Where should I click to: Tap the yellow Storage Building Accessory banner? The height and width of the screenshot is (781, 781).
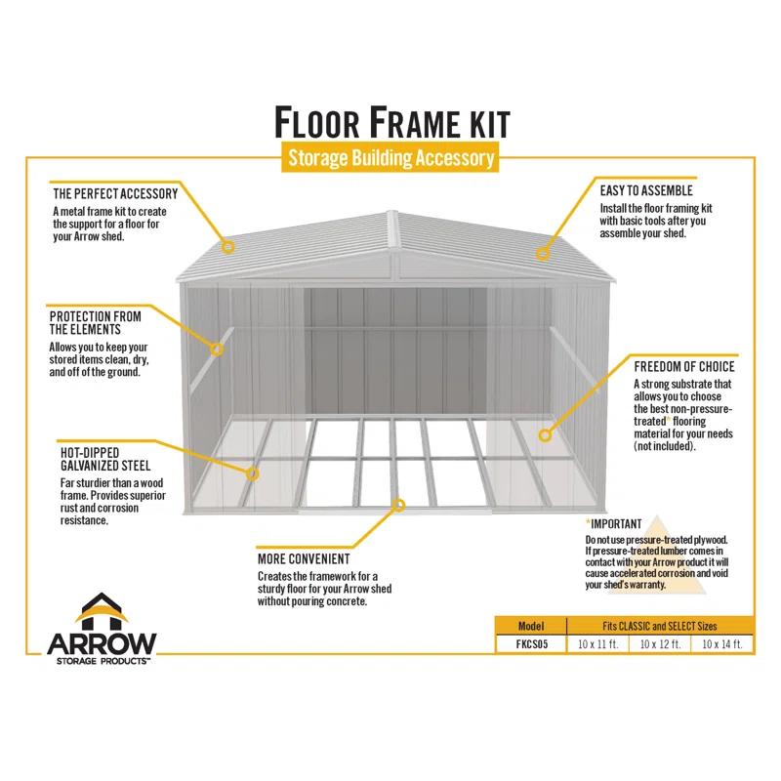(x=390, y=158)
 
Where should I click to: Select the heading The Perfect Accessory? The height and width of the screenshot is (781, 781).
(x=114, y=193)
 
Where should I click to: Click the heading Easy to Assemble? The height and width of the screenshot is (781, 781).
(x=645, y=191)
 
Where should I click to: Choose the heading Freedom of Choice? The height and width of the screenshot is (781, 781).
(x=683, y=366)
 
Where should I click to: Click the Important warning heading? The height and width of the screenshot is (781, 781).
(x=614, y=523)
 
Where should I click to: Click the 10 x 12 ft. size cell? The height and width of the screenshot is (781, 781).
(x=661, y=644)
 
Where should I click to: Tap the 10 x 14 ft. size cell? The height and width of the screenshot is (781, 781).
(x=722, y=644)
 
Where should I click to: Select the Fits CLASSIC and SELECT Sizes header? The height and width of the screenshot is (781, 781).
(x=661, y=626)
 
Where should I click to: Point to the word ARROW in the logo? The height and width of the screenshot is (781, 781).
(x=102, y=643)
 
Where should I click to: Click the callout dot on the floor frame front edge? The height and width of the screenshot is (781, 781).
(x=397, y=505)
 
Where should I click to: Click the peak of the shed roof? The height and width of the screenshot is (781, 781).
(x=391, y=212)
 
